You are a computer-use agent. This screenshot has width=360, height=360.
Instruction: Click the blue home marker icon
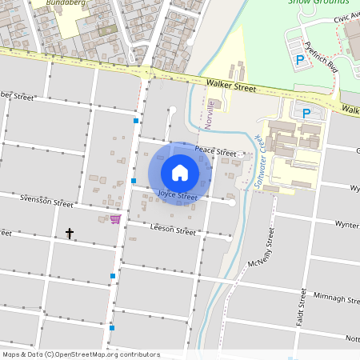180,173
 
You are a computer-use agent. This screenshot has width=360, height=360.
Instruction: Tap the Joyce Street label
178,196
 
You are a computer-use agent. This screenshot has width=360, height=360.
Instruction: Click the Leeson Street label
173,230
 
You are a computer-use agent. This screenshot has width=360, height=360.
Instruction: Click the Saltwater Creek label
258,161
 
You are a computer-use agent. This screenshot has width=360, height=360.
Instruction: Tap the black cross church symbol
70,234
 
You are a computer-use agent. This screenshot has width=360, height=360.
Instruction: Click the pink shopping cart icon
115,218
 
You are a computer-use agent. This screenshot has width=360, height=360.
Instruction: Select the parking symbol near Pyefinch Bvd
301,60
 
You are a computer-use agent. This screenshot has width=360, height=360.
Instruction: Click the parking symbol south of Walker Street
305,113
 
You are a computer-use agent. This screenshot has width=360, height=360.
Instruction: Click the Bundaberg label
64,3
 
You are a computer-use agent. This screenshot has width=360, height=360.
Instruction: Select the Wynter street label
346,225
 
